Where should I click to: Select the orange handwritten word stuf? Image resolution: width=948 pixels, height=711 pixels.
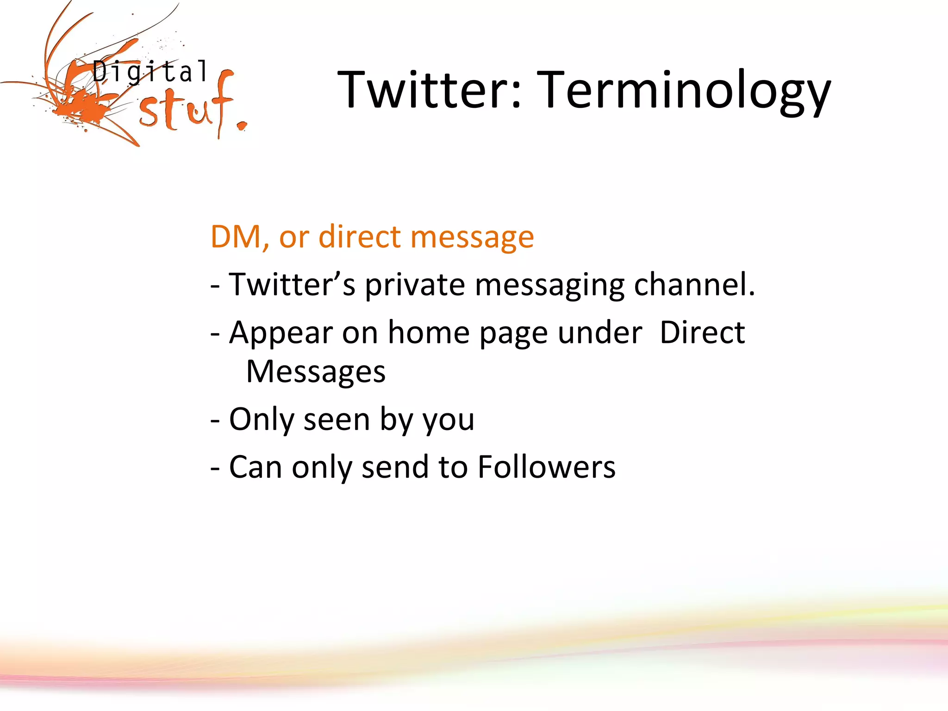(185, 109)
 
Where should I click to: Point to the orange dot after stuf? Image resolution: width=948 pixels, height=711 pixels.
(241, 125)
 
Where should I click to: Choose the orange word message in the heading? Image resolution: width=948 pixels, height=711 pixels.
(472, 237)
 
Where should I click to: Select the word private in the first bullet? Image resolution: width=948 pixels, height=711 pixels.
(415, 284)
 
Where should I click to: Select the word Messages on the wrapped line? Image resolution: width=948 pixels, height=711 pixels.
(316, 372)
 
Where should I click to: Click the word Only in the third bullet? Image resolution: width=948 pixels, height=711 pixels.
(261, 419)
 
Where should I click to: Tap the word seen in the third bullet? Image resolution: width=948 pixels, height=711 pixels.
(337, 419)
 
